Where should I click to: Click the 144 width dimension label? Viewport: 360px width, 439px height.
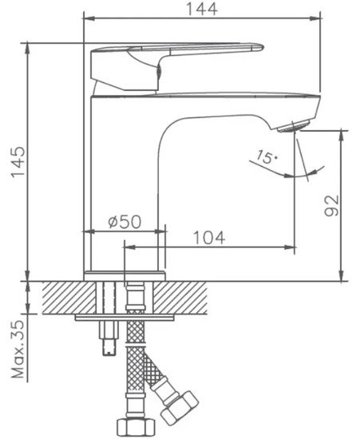202,9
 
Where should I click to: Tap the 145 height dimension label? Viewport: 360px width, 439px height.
18,161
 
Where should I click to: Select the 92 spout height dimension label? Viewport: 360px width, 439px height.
331,205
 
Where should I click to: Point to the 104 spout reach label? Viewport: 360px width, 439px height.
209,238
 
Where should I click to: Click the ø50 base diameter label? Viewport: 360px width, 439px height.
125,222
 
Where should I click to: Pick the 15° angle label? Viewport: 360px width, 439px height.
267,157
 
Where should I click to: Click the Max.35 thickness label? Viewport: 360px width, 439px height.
18,349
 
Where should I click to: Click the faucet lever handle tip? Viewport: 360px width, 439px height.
259,48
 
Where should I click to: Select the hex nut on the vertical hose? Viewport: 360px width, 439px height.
136,428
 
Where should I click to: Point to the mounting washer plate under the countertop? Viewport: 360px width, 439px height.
125,318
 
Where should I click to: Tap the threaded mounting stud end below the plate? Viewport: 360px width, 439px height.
109,347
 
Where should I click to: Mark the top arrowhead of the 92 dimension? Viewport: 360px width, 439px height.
341,136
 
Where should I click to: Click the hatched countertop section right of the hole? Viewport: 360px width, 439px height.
180,298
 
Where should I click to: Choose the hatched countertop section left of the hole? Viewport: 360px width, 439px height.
69,298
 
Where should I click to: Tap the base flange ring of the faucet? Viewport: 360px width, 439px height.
125,276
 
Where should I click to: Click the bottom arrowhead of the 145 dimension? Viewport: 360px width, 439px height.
27,275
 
